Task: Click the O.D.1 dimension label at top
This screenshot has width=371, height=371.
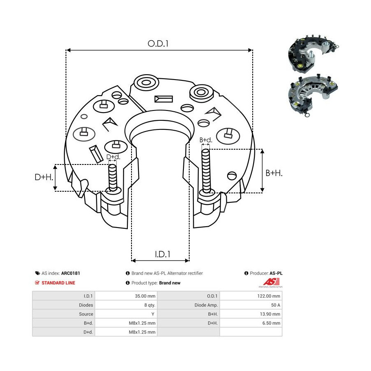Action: (159, 43)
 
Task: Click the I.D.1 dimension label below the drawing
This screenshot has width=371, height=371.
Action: (163, 254)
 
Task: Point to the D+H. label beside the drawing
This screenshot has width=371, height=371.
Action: (43, 177)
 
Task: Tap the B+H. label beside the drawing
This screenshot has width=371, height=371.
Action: (274, 174)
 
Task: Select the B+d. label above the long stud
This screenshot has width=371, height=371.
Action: (206, 140)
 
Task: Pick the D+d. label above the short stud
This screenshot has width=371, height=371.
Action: (113, 157)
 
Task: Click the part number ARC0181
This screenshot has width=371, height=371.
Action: (70, 273)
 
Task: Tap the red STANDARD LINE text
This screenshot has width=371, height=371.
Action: (58, 283)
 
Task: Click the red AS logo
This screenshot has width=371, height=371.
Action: (272, 282)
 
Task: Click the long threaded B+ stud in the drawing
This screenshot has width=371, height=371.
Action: (206, 171)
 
